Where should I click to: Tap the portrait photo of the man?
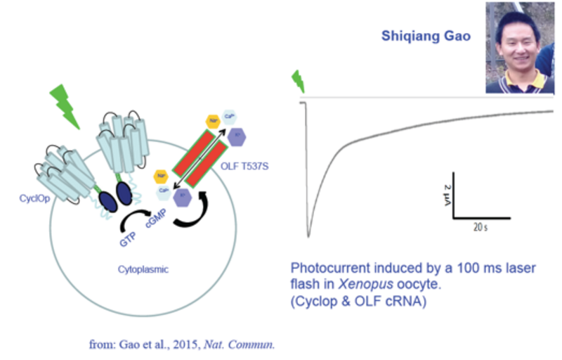coord(520,47)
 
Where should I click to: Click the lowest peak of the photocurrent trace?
coord(308,236)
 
